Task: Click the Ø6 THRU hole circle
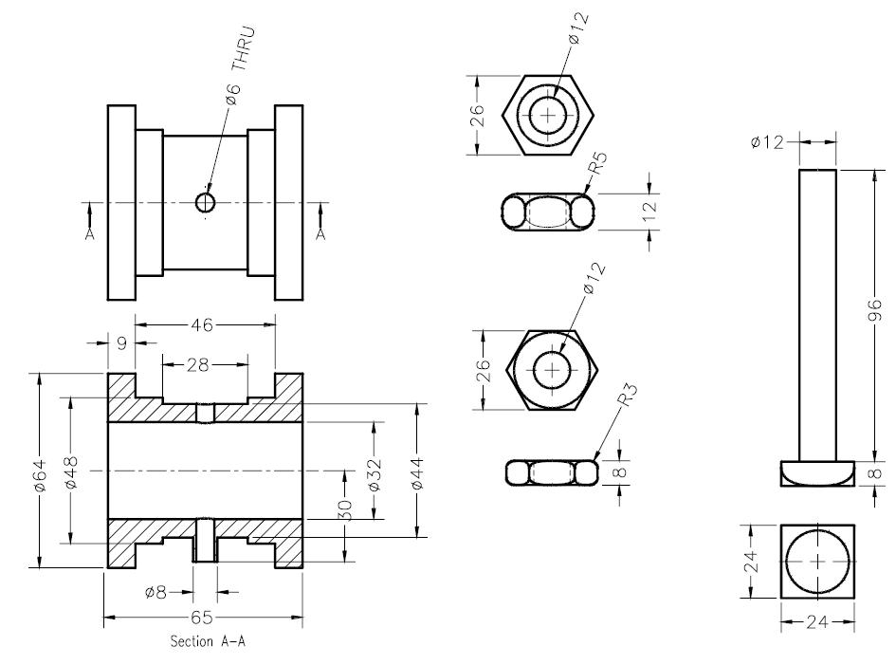206,201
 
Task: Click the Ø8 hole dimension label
156,592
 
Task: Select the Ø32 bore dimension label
374,472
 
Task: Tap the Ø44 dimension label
417,471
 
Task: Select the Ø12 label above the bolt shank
767,142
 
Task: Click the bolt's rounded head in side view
817,471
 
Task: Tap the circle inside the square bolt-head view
817,561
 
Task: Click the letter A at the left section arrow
90,232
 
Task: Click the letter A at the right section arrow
320,232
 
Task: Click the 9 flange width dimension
120,343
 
